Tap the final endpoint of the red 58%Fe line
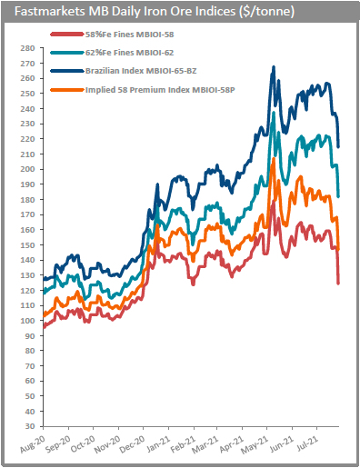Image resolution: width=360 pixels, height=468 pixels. pyautogui.click(x=339, y=283)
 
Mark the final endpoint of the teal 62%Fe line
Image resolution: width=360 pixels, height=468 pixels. pyautogui.click(x=339, y=196)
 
